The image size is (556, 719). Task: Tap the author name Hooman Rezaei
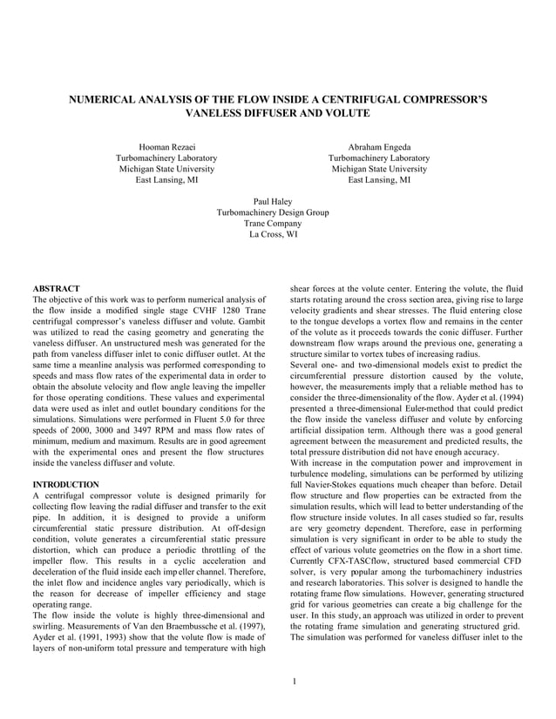pyautogui.click(x=166, y=147)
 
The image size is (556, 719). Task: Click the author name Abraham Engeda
pyautogui.click(x=379, y=147)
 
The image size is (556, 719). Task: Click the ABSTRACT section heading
pyautogui.click(x=56, y=288)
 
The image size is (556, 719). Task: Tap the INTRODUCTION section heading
pyautogui.click(x=65, y=483)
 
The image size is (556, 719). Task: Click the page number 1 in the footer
pyautogui.click(x=296, y=680)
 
